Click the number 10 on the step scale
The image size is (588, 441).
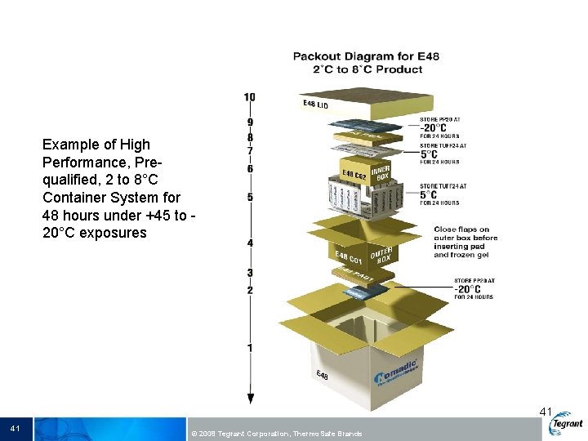[249, 97]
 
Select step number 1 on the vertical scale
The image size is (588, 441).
[250, 348]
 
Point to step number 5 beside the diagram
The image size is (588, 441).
[250, 198]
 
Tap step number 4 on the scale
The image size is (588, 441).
[250, 243]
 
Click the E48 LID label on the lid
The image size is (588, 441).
[315, 105]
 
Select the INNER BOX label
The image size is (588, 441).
[381, 172]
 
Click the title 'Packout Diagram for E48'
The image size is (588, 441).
[366, 56]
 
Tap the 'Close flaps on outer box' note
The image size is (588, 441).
[465, 242]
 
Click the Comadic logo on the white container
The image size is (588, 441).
[396, 372]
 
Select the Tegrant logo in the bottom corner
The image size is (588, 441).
[566, 423]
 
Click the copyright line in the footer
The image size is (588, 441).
[274, 433]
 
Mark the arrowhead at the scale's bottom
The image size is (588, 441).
[250, 399]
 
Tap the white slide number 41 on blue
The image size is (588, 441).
[16, 428]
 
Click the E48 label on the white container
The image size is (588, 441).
[323, 376]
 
